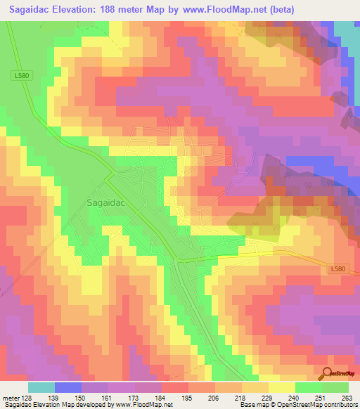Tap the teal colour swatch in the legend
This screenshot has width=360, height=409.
41,387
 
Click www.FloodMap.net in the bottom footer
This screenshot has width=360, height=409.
144,405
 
